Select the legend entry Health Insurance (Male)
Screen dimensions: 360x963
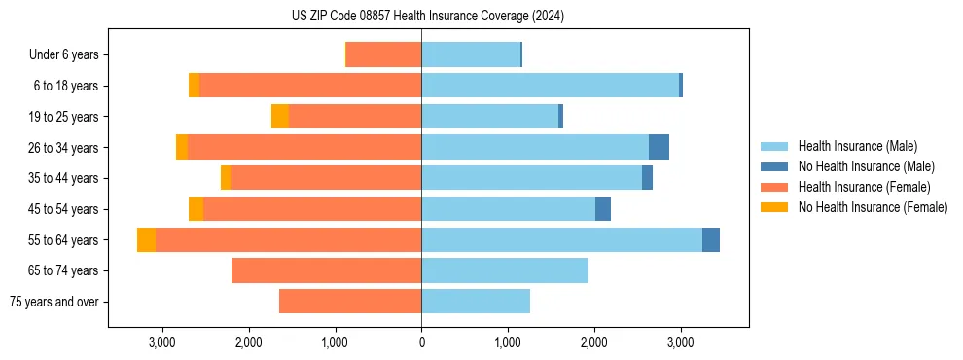[x=857, y=146]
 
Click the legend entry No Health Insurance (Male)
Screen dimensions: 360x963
[x=865, y=166]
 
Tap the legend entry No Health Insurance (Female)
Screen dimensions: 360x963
[x=872, y=207]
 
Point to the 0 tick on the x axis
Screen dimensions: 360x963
[x=421, y=342]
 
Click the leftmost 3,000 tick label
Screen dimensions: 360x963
[x=161, y=342]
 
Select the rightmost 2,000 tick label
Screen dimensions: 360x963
[x=594, y=342]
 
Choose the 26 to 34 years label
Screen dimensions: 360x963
[x=66, y=148]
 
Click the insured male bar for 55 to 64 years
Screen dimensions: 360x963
[x=561, y=240]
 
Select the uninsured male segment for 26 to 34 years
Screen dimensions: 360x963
[x=659, y=147]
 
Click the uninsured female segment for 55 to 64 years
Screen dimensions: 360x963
[x=146, y=240]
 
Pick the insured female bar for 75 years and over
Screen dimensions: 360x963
[x=350, y=302]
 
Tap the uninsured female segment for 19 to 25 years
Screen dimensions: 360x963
[x=280, y=117]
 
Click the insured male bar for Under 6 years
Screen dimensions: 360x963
[x=471, y=55]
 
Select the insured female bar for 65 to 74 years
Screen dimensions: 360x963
[x=326, y=270]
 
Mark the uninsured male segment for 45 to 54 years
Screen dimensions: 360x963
[x=603, y=209]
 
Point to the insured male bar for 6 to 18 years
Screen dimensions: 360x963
[x=550, y=86]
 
